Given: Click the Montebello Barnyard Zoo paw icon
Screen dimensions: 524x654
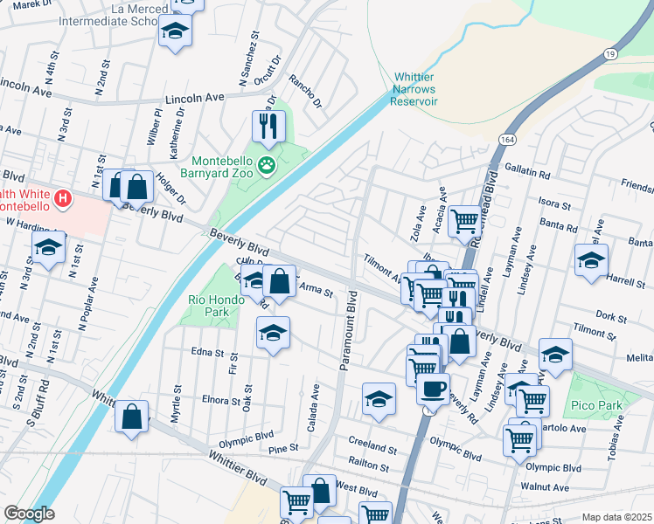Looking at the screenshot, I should click(267, 164).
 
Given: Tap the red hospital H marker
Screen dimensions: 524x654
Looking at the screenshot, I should click(63, 199).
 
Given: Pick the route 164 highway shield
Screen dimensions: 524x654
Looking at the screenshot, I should click(507, 140).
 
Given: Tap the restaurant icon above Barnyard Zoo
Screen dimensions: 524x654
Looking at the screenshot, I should click(268, 126).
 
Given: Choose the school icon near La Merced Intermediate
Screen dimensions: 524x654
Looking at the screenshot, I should click(175, 31).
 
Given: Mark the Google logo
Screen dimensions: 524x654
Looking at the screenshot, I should click(30, 514).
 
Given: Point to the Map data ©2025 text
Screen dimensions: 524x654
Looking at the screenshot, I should click(616, 517).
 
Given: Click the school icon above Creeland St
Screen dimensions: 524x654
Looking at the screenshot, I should click(379, 399).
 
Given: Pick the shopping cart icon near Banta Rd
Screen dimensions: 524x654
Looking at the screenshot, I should click(465, 220).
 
